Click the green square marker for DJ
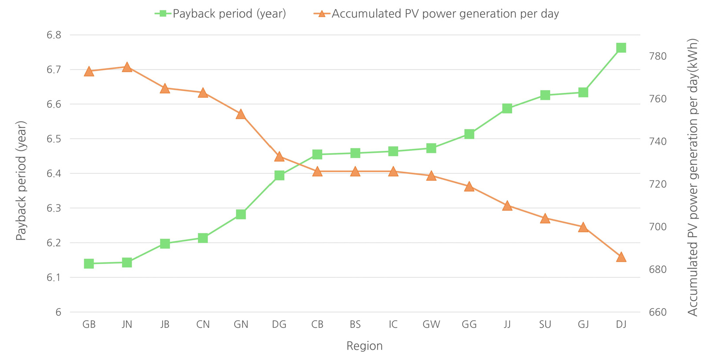click(621, 48)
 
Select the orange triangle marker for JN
click(127, 67)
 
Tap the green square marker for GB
click(89, 264)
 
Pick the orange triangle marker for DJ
click(621, 257)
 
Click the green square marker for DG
click(279, 176)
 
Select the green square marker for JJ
click(507, 109)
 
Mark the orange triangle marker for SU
click(545, 218)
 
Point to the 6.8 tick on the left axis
click(54, 35)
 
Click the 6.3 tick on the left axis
click(54, 208)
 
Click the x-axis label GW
click(431, 325)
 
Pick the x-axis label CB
click(317, 325)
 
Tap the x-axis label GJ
click(583, 325)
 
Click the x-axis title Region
click(364, 346)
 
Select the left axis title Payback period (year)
click(21, 180)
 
